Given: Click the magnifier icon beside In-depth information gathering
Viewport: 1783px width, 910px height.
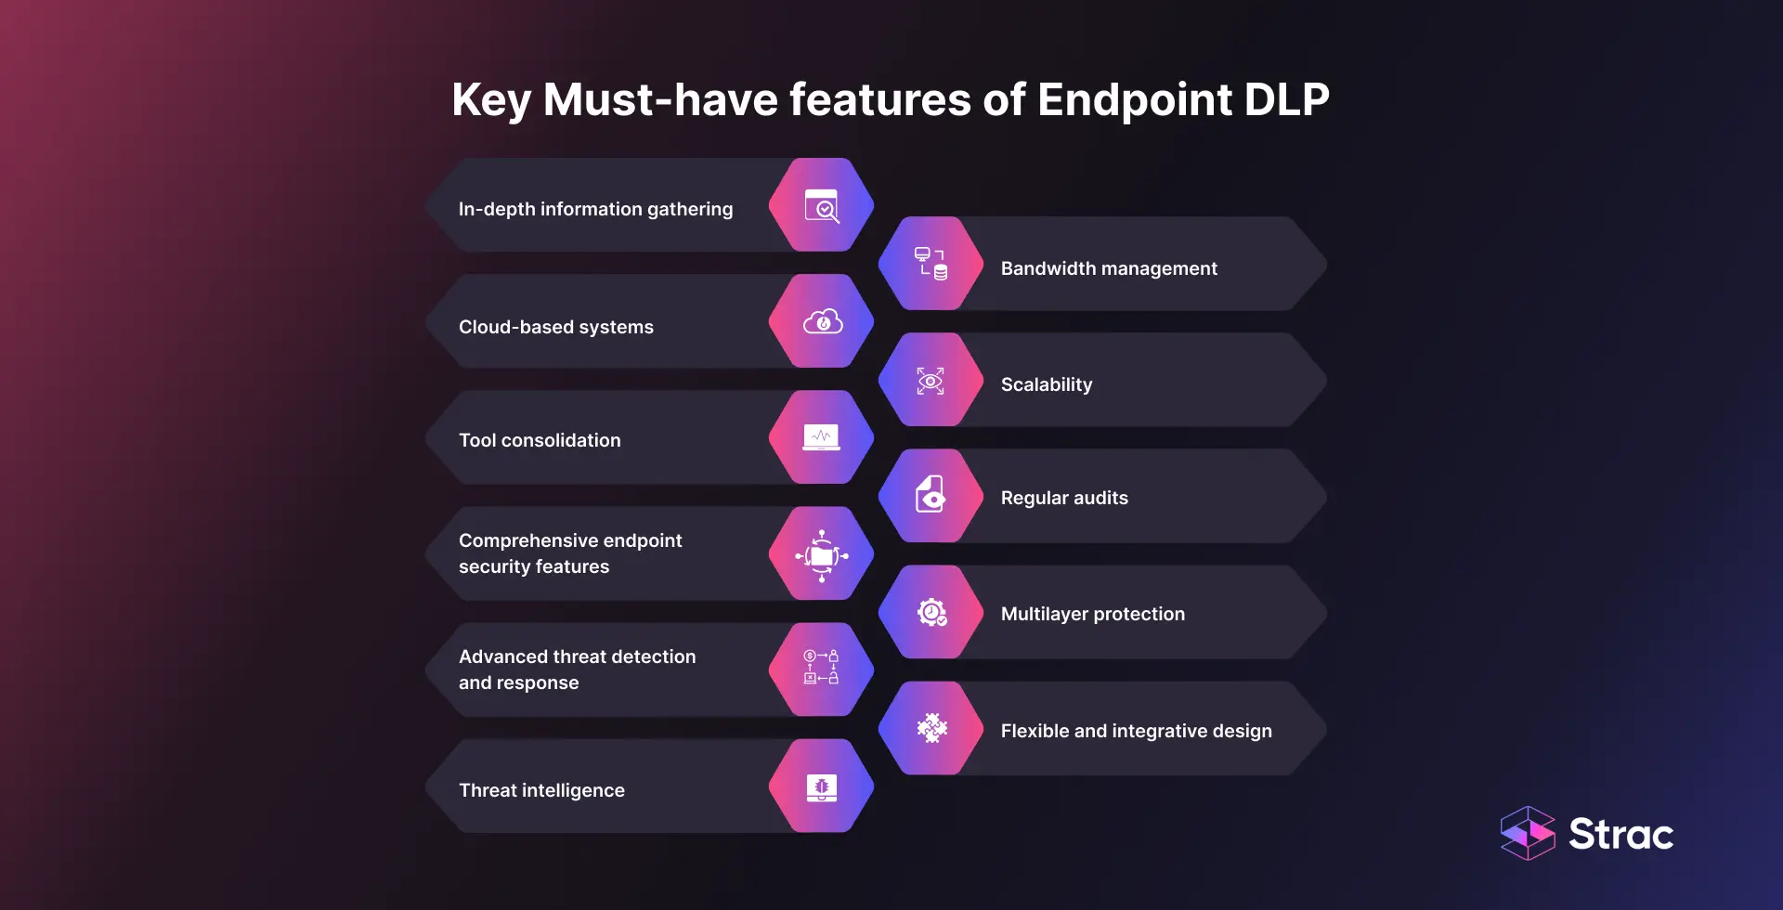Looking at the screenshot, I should point(822,206).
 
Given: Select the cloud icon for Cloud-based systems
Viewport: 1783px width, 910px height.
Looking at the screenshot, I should point(822,322).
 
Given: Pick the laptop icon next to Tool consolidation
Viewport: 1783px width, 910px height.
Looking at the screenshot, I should point(822,437).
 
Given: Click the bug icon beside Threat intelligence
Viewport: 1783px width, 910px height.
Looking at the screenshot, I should point(822,787).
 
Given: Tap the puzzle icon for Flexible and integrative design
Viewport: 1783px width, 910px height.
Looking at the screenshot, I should point(931,729).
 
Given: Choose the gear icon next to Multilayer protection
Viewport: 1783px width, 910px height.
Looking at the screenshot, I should point(931,613).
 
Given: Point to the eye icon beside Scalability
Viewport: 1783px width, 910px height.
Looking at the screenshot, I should point(931,381).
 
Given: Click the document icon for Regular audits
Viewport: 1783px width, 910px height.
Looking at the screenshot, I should point(931,496).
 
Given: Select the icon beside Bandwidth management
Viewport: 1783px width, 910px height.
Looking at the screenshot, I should point(931,264).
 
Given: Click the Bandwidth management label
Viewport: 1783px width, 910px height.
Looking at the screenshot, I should point(1109,268).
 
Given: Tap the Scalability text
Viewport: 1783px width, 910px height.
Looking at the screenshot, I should point(1047,384).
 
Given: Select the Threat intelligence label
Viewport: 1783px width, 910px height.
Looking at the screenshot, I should point(541,790).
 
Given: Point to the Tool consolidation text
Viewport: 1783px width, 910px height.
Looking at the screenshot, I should point(540,440).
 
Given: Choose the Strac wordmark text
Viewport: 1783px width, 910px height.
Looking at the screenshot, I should point(1620,834).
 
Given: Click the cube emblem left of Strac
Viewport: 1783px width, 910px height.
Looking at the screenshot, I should point(1528,833).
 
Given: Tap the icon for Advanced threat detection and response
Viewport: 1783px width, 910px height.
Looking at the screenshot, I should point(822,668).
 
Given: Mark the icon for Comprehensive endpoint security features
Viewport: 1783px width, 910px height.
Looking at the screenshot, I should point(822,555).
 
